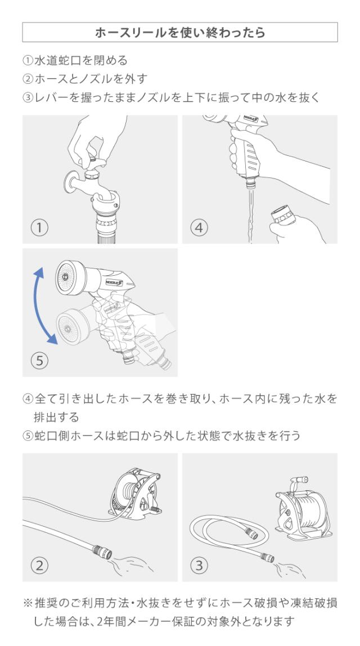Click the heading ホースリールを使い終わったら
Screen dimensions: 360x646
[180, 33]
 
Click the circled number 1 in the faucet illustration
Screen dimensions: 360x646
[39, 227]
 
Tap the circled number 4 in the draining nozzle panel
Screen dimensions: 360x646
[199, 227]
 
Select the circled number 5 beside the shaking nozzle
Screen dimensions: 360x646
[39, 361]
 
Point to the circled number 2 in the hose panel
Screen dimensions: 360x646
[39, 565]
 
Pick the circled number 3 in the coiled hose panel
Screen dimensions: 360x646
[199, 565]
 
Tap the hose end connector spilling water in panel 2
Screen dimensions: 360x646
[102, 551]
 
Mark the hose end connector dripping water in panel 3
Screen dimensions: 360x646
[267, 558]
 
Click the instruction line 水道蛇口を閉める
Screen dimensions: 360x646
[75, 60]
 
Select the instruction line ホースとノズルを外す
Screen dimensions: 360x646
[85, 79]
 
